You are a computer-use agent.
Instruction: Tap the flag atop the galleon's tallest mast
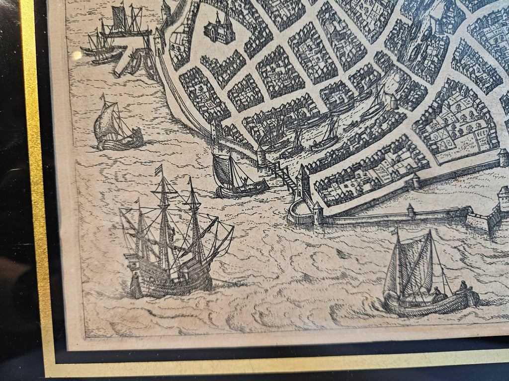[x=159, y=170]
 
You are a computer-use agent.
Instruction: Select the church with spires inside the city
[x=219, y=29]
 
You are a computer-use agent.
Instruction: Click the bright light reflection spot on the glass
[x=77, y=55]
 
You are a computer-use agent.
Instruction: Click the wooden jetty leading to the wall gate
[x=280, y=173]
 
